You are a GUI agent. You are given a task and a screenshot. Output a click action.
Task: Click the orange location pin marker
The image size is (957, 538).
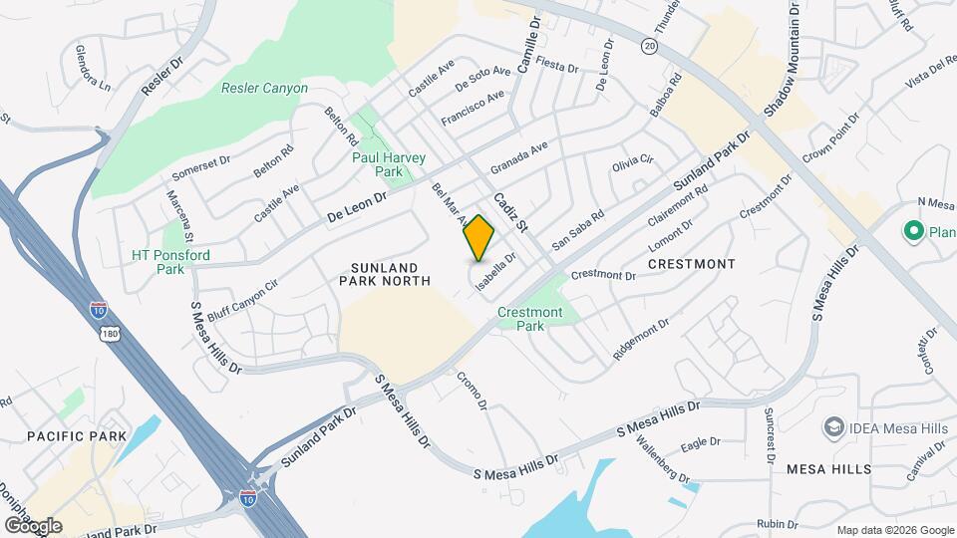tap(479, 237)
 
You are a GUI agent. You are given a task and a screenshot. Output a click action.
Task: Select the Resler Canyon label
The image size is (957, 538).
tap(264, 89)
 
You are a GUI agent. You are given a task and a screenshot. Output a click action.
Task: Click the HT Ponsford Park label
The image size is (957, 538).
tap(170, 261)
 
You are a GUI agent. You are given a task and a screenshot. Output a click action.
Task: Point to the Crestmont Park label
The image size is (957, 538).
tap(530, 319)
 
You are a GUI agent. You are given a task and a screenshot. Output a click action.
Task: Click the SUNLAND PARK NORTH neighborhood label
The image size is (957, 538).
tap(391, 274)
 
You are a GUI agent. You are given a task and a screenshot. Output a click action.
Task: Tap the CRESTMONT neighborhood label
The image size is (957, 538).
tap(691, 264)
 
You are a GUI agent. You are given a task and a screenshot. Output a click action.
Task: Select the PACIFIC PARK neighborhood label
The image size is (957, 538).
tap(77, 436)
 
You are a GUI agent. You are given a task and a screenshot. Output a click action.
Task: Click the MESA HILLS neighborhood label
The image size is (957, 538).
tap(828, 468)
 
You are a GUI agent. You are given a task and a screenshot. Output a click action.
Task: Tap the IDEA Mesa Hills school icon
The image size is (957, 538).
tap(830, 427)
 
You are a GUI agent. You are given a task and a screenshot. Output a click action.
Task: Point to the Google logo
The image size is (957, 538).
tap(34, 525)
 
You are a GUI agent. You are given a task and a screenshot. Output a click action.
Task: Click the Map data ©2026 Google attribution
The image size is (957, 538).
tap(894, 530)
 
